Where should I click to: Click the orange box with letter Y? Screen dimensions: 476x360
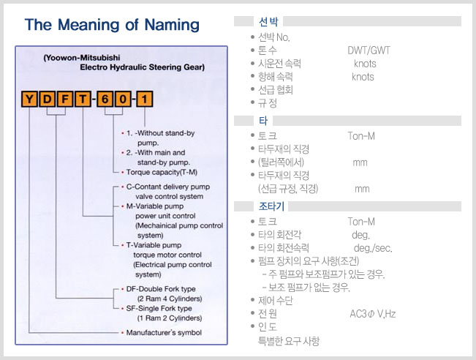(29, 99)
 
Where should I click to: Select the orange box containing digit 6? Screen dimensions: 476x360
(105, 99)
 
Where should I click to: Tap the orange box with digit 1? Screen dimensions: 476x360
(145, 99)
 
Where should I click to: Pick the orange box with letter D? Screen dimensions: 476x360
(47, 99)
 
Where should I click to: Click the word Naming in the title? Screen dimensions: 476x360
(172, 25)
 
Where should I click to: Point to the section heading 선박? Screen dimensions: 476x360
(268, 21)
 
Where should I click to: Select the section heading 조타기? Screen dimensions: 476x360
(271, 206)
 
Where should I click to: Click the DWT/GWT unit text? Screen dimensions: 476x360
(369, 50)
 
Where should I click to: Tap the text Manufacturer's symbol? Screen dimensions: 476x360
(164, 333)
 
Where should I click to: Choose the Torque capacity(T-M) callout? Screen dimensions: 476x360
(162, 172)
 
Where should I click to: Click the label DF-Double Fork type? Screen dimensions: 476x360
(161, 289)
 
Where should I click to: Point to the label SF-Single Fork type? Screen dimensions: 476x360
(159, 308)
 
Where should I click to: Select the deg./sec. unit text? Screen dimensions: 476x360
(373, 248)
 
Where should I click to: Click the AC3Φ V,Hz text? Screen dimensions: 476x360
(373, 314)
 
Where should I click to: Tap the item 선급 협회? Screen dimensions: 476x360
(276, 90)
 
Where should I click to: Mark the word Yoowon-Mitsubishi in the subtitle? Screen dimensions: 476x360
(83, 58)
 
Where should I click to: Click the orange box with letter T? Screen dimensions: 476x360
(83, 99)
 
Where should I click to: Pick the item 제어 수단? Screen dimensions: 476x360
(276, 301)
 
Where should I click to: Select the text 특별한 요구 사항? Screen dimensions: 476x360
(289, 341)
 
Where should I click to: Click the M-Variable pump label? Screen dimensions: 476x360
(155, 206)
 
